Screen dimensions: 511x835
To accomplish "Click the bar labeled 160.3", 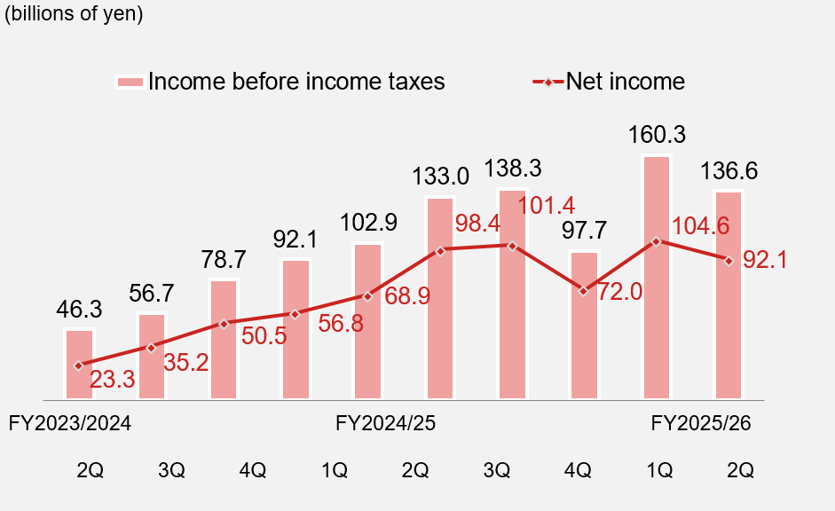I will click(x=657, y=277).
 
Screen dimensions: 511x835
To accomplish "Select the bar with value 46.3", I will click(x=79, y=364).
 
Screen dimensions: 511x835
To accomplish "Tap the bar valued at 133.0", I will click(x=440, y=297).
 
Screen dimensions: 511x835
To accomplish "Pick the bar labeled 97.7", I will click(x=584, y=325).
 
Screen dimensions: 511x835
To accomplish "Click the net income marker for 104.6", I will click(x=656, y=241).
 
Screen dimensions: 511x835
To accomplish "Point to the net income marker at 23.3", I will click(x=79, y=365).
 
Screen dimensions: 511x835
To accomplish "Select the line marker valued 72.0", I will click(x=583, y=290).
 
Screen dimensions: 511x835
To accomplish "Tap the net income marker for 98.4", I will click(x=440, y=250).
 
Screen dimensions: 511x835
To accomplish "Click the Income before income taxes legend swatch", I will click(x=130, y=82).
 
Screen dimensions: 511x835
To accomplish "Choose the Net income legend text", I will click(x=626, y=82).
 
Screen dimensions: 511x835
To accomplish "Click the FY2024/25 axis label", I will click(x=386, y=423).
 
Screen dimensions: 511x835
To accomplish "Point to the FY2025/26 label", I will click(x=701, y=423).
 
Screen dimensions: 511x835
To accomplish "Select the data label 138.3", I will click(x=511, y=169).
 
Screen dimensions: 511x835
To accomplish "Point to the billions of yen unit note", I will click(x=75, y=15).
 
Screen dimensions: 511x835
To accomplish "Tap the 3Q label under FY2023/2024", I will click(x=171, y=470).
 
